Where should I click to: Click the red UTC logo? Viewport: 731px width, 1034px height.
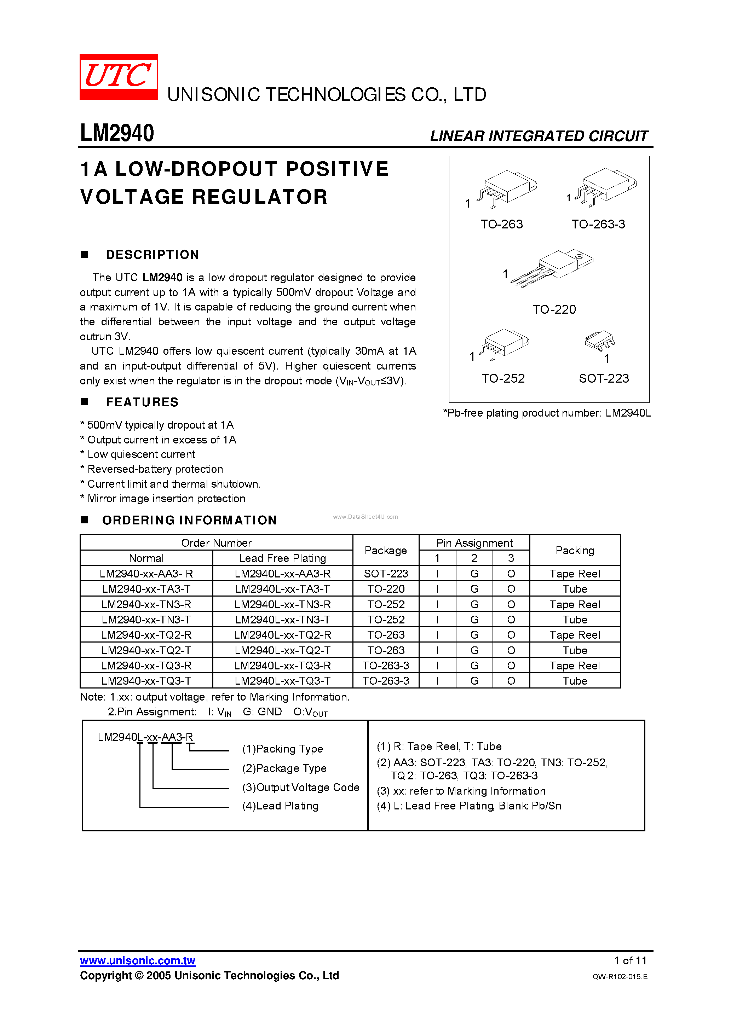(x=119, y=76)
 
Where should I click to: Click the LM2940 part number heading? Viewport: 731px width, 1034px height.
(x=117, y=133)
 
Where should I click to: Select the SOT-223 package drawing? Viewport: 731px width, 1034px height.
(x=600, y=341)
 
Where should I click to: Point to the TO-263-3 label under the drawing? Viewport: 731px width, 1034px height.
(x=598, y=224)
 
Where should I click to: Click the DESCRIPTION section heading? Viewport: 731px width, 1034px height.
(x=152, y=255)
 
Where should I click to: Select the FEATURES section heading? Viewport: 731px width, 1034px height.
(x=142, y=402)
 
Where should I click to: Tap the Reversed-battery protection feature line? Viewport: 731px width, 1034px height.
(x=155, y=469)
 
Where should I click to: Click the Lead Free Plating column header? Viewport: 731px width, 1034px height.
(x=283, y=558)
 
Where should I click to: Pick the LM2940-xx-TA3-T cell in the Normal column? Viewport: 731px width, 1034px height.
(x=146, y=589)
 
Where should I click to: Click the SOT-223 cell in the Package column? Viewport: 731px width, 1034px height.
(x=386, y=574)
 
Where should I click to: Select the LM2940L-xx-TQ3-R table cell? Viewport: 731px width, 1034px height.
(x=283, y=666)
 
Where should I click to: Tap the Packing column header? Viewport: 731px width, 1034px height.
(x=575, y=550)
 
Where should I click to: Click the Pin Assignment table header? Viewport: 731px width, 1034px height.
(x=474, y=543)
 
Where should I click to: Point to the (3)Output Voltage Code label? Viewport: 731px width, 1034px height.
(x=301, y=788)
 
